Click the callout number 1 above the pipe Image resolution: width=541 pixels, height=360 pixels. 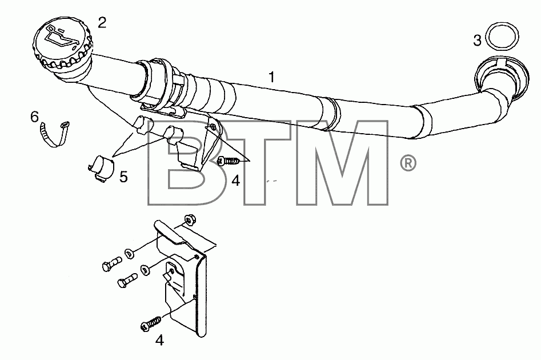pos(272,77)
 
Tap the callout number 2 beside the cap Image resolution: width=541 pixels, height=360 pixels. pos(102,23)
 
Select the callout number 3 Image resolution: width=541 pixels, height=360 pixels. pos(477,41)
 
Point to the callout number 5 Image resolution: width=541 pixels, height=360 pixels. pos(123,177)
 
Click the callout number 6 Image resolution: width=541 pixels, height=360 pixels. pos(34,117)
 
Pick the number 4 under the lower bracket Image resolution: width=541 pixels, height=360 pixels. pos(159,341)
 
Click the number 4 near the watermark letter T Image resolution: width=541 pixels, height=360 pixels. pos(236,180)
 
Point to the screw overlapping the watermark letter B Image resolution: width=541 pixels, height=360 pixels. pos(229,161)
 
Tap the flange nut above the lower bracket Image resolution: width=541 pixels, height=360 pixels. pos(189,219)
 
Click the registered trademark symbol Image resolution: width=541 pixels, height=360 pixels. pos(408,163)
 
